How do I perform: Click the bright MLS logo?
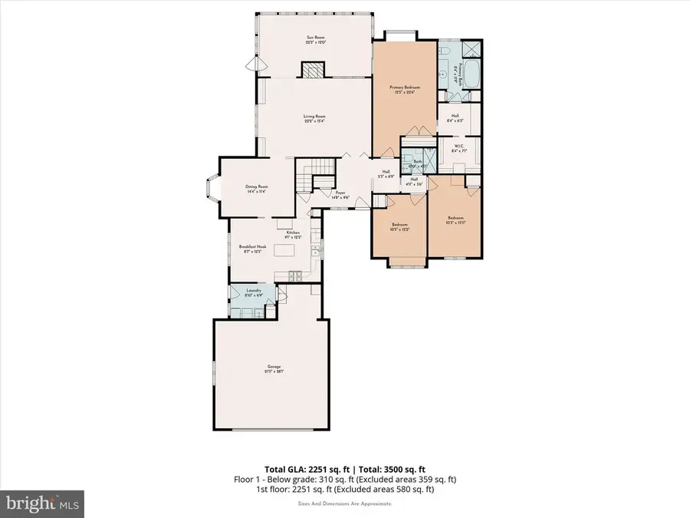tap(43, 504)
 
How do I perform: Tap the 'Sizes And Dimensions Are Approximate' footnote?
tap(345, 503)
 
